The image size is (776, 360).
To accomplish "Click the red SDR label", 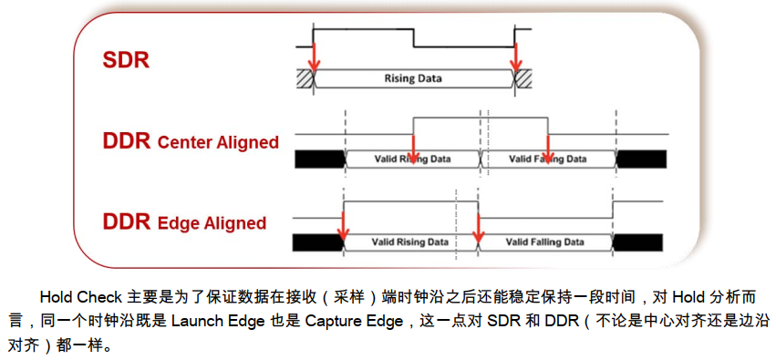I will (x=126, y=61).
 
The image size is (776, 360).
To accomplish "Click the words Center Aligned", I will (x=218, y=142).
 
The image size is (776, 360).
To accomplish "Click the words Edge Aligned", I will (x=212, y=223).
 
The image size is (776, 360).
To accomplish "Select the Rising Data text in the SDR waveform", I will (x=411, y=78).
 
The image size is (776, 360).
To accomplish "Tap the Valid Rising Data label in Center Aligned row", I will (x=412, y=159).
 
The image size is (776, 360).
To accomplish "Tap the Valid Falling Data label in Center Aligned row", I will (x=547, y=159).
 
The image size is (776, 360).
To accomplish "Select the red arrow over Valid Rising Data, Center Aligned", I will (x=413, y=146).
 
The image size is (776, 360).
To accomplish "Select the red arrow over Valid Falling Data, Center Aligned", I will (x=547, y=146).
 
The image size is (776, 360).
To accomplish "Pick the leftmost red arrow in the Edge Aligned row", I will (x=343, y=226).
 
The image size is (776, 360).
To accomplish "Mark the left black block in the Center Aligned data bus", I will (x=319, y=159).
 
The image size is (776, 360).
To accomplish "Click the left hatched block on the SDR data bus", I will (x=304, y=78).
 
